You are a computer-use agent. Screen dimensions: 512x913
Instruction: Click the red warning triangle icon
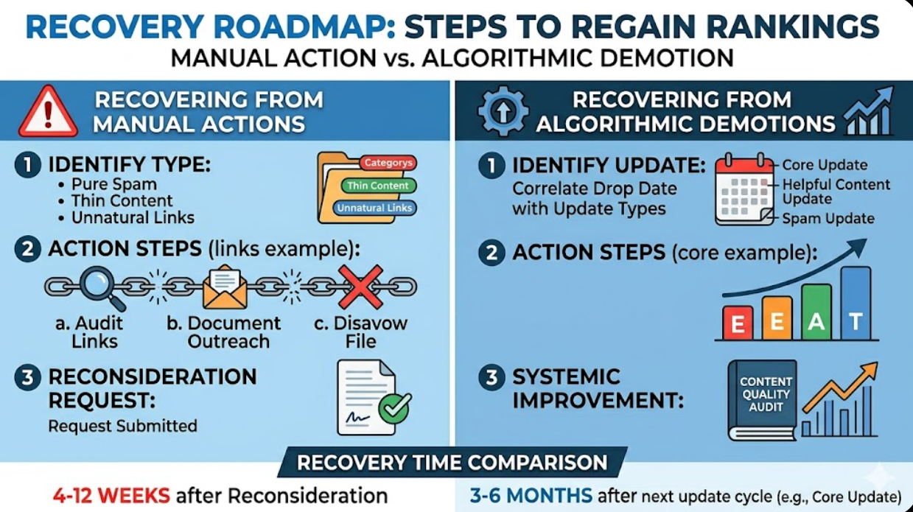click(48, 111)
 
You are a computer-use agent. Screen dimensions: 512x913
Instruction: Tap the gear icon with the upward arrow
click(502, 111)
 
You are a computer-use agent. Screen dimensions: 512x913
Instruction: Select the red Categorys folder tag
click(388, 163)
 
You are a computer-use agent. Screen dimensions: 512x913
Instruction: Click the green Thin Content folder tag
click(377, 186)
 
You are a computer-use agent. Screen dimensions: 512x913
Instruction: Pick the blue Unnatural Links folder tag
click(374, 208)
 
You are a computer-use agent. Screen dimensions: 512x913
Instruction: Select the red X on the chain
click(360, 286)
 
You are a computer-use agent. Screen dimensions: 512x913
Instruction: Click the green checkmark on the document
click(394, 407)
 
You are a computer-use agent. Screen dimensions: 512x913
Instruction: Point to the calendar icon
click(744, 189)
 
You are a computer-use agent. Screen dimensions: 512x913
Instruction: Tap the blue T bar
click(856, 303)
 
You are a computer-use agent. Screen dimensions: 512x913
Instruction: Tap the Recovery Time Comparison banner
click(452, 463)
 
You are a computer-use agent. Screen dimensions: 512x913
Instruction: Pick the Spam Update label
click(828, 218)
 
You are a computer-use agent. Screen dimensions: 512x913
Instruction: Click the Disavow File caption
click(360, 332)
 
